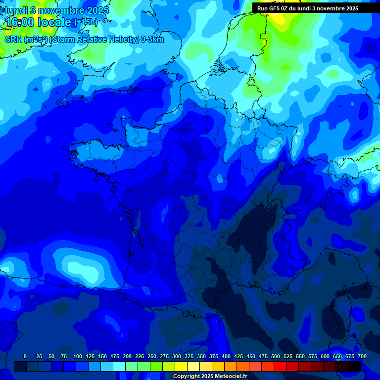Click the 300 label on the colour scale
177,356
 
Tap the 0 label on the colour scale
25,356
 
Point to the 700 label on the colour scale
362,356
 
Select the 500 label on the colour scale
276,356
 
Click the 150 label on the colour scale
102,356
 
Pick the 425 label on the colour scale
238,356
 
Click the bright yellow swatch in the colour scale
181,367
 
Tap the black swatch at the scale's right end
354,367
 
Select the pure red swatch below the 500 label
280,367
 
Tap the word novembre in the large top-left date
63,10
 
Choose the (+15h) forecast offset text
86,22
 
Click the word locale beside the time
54,22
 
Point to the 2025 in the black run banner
352,8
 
